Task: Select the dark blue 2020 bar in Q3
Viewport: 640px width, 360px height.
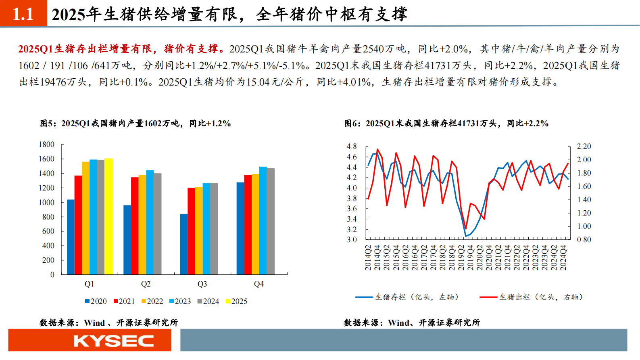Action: [184, 244]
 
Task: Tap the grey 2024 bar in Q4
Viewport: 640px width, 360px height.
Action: [271, 221]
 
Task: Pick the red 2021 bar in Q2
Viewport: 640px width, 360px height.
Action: [135, 226]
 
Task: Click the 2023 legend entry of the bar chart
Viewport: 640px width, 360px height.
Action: [180, 301]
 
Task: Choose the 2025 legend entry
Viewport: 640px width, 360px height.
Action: [236, 301]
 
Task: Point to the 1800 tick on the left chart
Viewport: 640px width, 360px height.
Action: [46, 144]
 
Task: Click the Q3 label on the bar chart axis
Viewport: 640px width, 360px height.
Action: [202, 284]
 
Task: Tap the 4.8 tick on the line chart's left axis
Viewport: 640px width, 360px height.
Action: [352, 146]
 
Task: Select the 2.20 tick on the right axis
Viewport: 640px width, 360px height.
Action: [584, 146]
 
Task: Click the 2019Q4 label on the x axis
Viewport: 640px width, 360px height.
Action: [470, 257]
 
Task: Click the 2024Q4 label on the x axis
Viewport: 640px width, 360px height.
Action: [563, 257]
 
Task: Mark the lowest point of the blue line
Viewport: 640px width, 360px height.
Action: [466, 236]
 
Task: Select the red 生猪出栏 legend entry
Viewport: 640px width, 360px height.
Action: [531, 297]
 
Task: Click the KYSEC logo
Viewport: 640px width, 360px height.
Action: [113, 341]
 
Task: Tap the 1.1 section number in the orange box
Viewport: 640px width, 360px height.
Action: [23, 14]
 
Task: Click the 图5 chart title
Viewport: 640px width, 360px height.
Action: [135, 123]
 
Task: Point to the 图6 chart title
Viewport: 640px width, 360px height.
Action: [446, 123]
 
